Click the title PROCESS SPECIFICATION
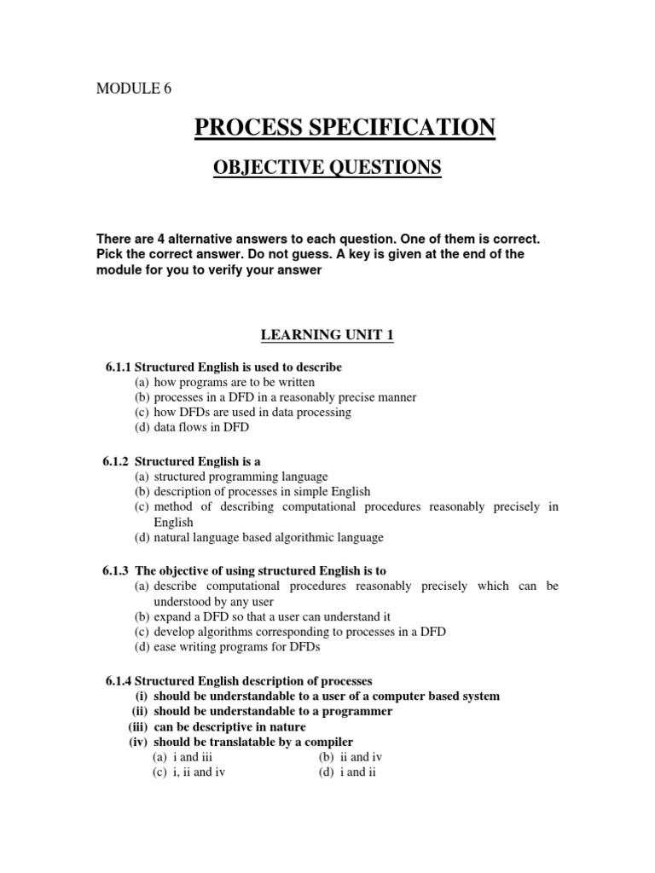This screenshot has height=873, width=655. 345,128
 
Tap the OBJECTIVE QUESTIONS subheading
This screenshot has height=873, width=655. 327,168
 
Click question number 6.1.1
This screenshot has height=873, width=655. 119,367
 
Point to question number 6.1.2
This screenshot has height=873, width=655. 119,461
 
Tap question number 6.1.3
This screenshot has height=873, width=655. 119,570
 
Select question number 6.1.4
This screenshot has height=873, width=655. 119,681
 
